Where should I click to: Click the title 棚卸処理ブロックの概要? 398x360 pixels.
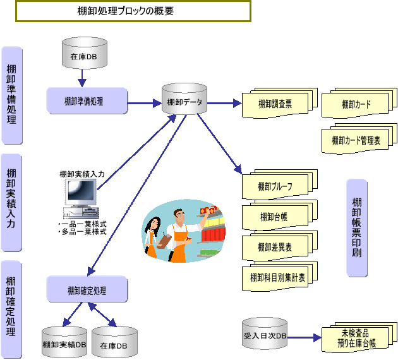(x=133, y=11)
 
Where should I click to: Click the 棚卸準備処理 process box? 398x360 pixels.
(x=87, y=101)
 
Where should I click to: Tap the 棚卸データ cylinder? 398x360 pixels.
(x=184, y=100)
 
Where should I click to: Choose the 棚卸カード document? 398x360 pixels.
(x=356, y=104)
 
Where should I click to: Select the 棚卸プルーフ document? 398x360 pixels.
(x=275, y=186)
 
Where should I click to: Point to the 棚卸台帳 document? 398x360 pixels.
(x=275, y=217)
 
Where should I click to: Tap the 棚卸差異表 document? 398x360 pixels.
(x=275, y=246)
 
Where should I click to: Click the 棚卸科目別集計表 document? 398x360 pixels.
(x=277, y=277)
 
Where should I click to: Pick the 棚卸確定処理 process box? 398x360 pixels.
(x=87, y=290)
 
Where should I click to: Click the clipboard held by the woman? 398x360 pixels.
(x=163, y=241)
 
